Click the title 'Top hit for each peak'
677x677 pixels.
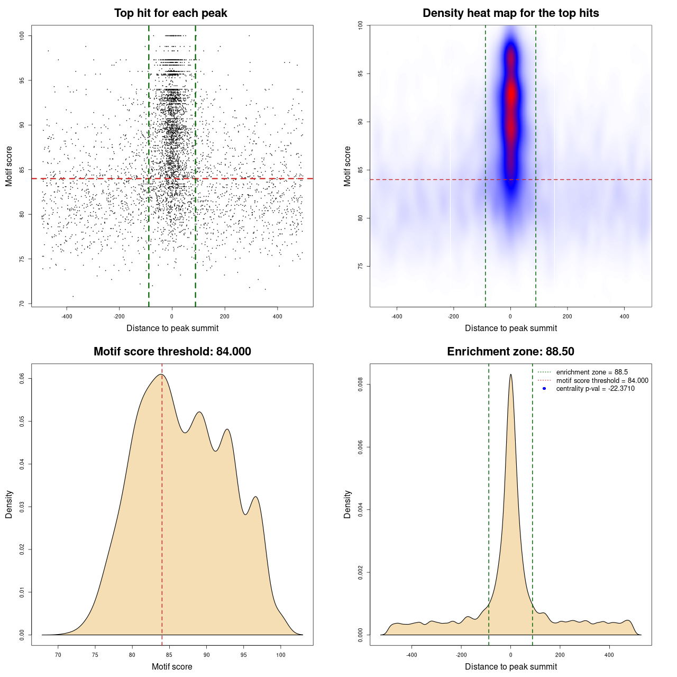pyautogui.click(x=170, y=13)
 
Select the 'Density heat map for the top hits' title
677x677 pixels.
pyautogui.click(x=510, y=13)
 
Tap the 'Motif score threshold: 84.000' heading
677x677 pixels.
pyautogui.click(x=172, y=352)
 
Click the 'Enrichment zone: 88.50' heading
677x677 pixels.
pyautogui.click(x=510, y=352)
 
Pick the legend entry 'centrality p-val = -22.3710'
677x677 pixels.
pyautogui.click(x=595, y=389)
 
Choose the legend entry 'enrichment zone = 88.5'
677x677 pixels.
pyautogui.click(x=592, y=372)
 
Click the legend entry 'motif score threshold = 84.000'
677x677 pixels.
pyautogui.click(x=602, y=381)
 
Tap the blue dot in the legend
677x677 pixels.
pyautogui.click(x=544, y=389)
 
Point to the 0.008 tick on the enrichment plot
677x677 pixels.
pyautogui.click(x=361, y=385)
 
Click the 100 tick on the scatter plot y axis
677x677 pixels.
pyautogui.click(x=22, y=35)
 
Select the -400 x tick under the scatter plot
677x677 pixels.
pyautogui.click(x=67, y=316)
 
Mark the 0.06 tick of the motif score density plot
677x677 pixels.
pyautogui.click(x=22, y=378)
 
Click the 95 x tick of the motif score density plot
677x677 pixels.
pyautogui.click(x=244, y=655)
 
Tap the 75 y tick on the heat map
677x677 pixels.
pyautogui.click(x=361, y=266)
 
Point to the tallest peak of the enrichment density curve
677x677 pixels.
pyautogui.click(x=510, y=374)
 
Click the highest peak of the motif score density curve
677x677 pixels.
pyautogui.click(x=161, y=374)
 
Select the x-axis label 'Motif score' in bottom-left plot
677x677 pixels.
pyautogui.click(x=172, y=666)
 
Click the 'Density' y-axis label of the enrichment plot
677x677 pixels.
pyautogui.click(x=347, y=504)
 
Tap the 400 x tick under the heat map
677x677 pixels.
pyautogui.click(x=624, y=316)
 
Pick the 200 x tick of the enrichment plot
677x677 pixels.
pyautogui.click(x=560, y=655)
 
